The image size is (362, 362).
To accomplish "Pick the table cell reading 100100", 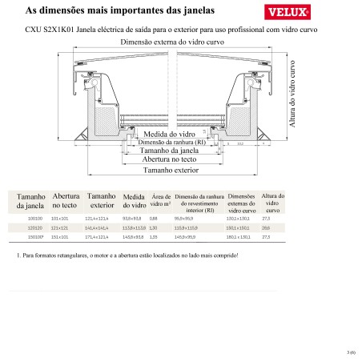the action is (x=34, y=217).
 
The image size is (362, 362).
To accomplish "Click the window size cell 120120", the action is (x=34, y=227).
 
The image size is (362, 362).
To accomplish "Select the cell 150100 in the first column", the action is (x=34, y=238).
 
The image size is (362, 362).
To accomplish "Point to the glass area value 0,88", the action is (x=154, y=217).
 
